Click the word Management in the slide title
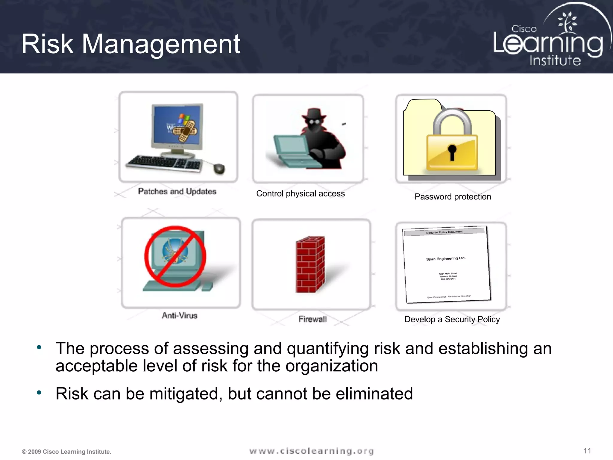161,44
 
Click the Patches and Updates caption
177,191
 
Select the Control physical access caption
300,194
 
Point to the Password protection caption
453,197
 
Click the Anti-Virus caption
180,315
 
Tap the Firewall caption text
312,319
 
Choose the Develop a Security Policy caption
452,320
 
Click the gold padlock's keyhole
452,151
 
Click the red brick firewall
310,265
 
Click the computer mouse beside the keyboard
219,169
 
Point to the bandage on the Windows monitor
186,131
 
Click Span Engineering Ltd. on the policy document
446,258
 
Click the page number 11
587,451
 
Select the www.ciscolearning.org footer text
312,451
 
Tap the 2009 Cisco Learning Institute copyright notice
66,452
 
